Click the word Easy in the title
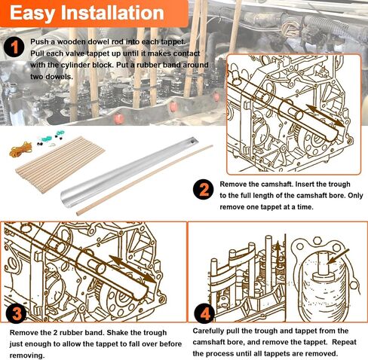(x=32, y=14)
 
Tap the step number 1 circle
(x=14, y=47)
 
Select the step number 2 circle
(x=204, y=190)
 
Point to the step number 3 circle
(x=17, y=313)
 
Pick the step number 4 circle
(x=205, y=313)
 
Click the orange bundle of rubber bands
(x=20, y=149)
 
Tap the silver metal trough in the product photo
(x=129, y=172)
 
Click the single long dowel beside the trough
(x=145, y=180)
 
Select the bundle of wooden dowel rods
(x=60, y=164)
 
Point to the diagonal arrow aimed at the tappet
(x=339, y=256)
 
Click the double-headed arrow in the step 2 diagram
(x=325, y=116)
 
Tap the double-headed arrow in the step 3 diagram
(x=133, y=270)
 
